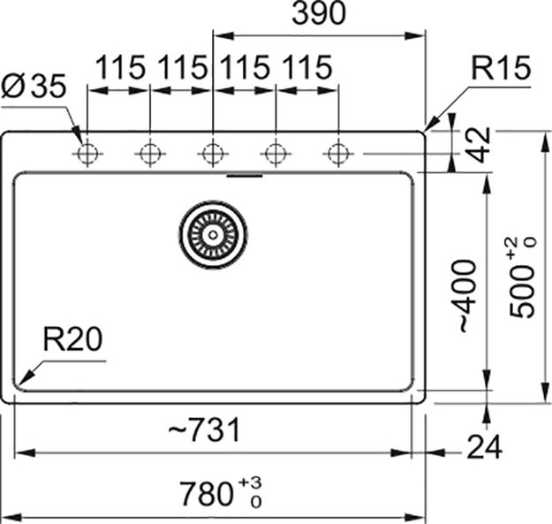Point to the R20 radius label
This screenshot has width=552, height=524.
pyautogui.click(x=74, y=340)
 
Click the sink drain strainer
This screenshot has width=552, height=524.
pyautogui.click(x=213, y=234)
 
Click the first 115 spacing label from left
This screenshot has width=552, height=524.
pyautogui.click(x=119, y=68)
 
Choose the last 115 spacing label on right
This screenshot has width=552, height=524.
pyautogui.click(x=306, y=68)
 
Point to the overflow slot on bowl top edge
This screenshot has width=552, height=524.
pyautogui.click(x=245, y=175)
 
